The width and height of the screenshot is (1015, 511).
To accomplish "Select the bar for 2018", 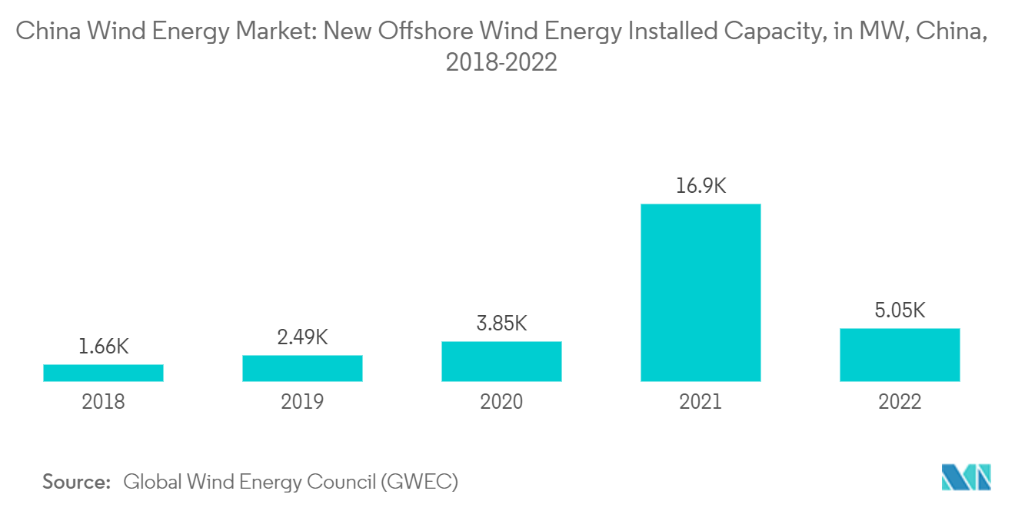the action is [103, 373].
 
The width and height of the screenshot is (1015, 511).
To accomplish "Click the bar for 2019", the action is [302, 368].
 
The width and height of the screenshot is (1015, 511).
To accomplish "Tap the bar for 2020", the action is [501, 361].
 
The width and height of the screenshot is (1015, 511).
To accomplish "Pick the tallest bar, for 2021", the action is [701, 293].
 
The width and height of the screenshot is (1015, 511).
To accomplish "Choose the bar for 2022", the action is [900, 355].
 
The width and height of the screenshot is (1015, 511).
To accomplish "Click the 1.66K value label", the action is [103, 347].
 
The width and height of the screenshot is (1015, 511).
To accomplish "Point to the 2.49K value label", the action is [302, 337].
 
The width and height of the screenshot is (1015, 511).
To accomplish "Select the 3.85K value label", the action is [501, 324].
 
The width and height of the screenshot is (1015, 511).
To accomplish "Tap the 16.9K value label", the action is [701, 186].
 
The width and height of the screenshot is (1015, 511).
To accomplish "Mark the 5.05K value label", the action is [900, 310].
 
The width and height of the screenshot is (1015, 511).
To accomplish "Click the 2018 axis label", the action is [103, 402].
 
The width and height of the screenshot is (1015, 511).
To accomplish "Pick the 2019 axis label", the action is [302, 402].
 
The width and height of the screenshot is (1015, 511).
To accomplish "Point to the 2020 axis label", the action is [501, 402].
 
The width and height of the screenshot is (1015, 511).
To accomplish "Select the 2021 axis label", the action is [701, 402].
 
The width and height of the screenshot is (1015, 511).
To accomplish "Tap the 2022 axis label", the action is [900, 402].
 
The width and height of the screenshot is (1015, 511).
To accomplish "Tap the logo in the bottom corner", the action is [967, 477].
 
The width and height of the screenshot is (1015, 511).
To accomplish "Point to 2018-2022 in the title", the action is [501, 62].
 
